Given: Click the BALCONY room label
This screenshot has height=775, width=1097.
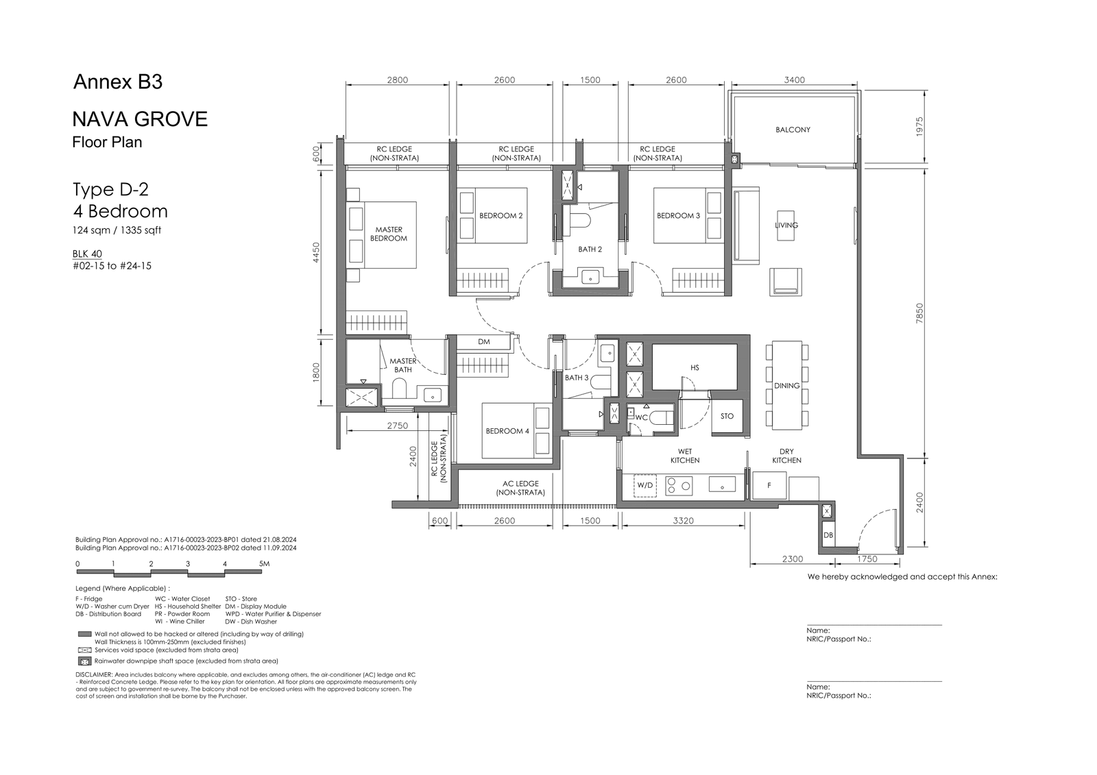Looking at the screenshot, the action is tap(793, 130).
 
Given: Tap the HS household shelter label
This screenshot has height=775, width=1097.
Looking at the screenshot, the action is tap(695, 368).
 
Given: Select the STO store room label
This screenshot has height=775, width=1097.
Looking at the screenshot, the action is tap(727, 416).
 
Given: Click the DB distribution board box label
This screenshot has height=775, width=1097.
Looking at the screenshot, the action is tap(828, 535).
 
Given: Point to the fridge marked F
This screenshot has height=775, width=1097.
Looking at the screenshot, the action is tap(769, 485).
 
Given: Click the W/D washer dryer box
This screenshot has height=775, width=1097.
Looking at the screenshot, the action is tap(645, 486).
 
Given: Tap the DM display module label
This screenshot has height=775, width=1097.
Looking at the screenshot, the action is tap(484, 342).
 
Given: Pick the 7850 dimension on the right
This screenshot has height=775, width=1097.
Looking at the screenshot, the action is tap(919, 313).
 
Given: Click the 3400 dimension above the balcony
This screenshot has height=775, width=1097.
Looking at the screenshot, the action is tap(794, 79).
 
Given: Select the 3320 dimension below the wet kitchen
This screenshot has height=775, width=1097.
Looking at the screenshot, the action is tap(683, 521).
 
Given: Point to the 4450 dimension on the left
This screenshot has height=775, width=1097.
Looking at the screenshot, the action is tap(316, 252).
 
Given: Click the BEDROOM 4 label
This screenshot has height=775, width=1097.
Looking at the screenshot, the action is tap(507, 431).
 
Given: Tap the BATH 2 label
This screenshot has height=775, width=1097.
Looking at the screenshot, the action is tap(590, 249).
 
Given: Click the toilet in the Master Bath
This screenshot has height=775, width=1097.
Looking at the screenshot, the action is tap(400, 390).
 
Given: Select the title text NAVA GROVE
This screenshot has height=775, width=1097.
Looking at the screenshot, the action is tap(140, 119).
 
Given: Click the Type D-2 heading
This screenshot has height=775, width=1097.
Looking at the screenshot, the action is tap(110, 189).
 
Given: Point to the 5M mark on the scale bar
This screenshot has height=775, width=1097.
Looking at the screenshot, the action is tap(264, 563).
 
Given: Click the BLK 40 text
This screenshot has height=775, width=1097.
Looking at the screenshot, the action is tap(87, 254).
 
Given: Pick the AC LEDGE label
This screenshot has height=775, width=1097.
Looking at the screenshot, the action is tap(520, 484).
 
